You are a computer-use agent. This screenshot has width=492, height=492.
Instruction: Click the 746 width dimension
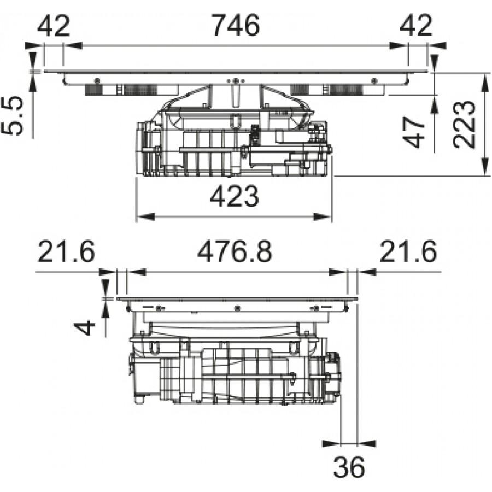[x=236, y=25]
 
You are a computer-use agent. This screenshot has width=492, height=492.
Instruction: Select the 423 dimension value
[x=234, y=196]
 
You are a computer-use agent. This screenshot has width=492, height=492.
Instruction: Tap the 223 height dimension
[x=464, y=124]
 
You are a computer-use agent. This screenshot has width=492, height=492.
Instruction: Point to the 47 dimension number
[x=414, y=132]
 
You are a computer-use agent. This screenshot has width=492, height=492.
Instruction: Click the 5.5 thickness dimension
[x=13, y=115]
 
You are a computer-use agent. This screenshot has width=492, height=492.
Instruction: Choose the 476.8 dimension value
[x=235, y=251]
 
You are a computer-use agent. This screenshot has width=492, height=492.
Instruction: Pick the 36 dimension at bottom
[x=349, y=467]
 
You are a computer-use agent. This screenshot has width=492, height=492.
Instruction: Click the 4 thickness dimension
[x=84, y=327]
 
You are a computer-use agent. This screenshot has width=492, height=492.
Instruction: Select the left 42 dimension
[x=54, y=25]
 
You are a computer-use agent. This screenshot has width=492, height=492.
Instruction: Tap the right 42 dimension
[x=416, y=25]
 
